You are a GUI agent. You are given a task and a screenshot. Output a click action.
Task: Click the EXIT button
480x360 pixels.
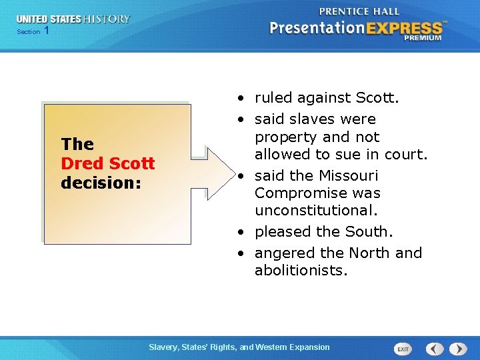(403, 349)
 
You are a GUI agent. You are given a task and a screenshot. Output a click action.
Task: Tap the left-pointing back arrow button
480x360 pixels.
(435, 349)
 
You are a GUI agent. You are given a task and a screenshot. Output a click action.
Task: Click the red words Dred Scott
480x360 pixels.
(107, 163)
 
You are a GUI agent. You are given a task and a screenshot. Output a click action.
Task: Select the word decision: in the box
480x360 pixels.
(101, 182)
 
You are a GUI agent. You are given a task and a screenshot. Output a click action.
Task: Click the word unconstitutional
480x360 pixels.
(316, 210)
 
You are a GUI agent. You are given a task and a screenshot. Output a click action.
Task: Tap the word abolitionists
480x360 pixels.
(301, 270)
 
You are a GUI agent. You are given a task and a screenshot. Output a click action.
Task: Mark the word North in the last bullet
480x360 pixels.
(369, 253)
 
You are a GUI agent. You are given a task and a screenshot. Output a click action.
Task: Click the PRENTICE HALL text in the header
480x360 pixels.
(359, 11)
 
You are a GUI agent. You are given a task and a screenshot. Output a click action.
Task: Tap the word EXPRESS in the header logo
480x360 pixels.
(403, 28)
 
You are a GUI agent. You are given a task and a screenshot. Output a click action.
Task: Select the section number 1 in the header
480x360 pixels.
(46, 31)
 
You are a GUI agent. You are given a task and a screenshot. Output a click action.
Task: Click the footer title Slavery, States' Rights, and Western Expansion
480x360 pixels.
(239, 347)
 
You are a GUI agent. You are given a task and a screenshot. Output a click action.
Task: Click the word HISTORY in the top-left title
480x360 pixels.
(106, 19)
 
